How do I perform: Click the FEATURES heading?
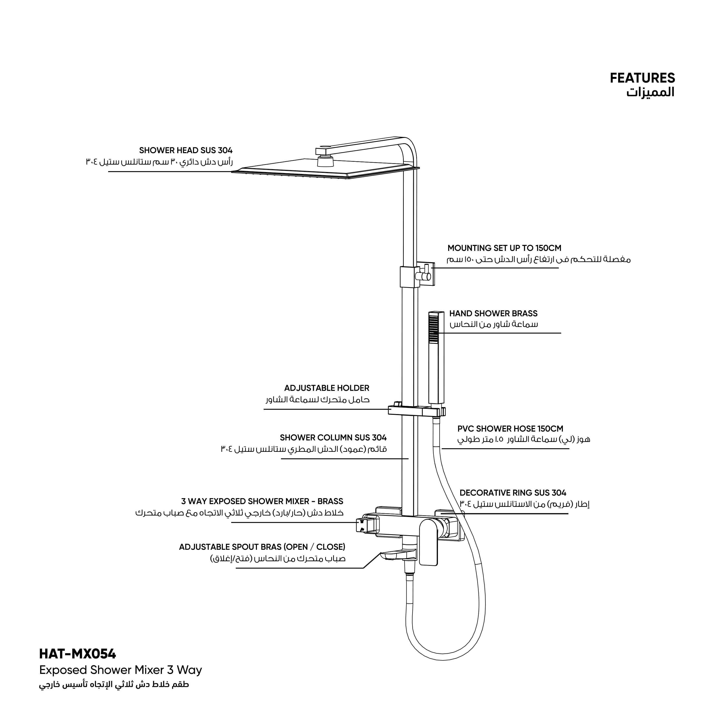642,78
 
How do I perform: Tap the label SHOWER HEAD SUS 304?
186,150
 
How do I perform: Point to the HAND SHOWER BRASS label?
493,313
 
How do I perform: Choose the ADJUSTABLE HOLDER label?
327,388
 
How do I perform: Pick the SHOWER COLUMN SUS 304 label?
333,437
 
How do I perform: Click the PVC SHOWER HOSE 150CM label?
510,429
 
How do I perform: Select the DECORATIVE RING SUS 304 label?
513,493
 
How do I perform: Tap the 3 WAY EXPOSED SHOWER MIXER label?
262,501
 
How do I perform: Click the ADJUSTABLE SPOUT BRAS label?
262,547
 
